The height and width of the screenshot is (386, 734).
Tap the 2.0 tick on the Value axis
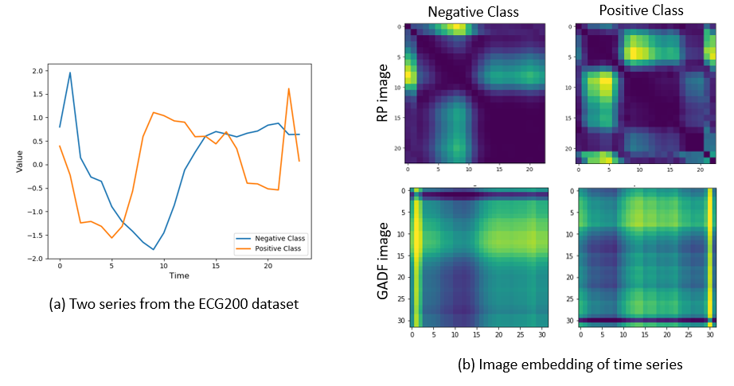pyautogui.click(x=39, y=71)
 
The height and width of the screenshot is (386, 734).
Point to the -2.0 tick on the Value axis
pyautogui.click(x=37, y=259)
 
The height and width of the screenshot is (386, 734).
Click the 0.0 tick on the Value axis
pyautogui.click(x=39, y=165)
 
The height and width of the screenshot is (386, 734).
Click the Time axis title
pyautogui.click(x=178, y=276)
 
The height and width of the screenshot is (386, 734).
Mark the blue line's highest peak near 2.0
pyautogui.click(x=70, y=73)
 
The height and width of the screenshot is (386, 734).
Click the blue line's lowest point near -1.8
pyautogui.click(x=154, y=250)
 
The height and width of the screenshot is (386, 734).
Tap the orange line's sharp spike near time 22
pyautogui.click(x=288, y=88)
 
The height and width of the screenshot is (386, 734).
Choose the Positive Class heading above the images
pyautogui.click(x=639, y=11)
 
